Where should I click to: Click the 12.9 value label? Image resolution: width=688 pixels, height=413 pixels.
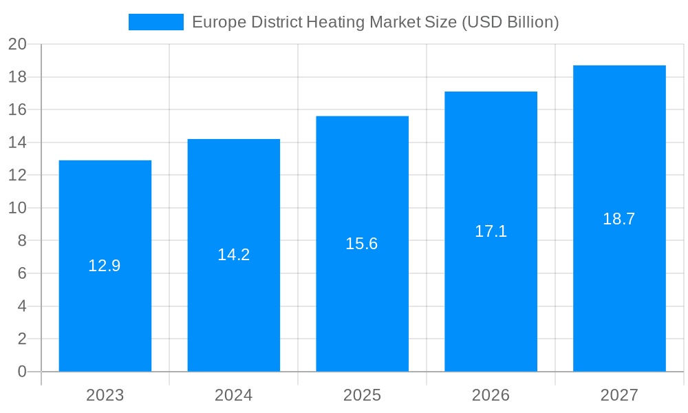[x=105, y=266]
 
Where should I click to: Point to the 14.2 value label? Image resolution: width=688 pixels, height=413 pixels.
[x=233, y=255]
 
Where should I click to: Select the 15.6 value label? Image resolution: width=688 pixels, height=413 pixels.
[x=362, y=244]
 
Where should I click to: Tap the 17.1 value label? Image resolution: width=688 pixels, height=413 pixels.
[x=491, y=231]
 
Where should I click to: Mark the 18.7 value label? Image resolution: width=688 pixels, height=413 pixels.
[x=619, y=219]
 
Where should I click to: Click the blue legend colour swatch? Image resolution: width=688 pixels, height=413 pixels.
[x=156, y=22]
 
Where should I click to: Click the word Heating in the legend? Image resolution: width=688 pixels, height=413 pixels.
[x=336, y=22]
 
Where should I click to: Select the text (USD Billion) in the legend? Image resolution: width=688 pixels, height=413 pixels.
[x=510, y=22]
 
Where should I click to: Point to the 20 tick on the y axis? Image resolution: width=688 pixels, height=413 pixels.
[x=17, y=44]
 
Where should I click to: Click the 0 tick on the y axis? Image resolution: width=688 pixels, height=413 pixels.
[x=22, y=372]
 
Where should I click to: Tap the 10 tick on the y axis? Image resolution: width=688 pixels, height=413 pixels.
[x=17, y=208]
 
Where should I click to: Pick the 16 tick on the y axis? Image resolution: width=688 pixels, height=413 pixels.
[x=17, y=109]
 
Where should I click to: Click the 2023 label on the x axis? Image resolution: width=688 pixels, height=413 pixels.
[x=105, y=395]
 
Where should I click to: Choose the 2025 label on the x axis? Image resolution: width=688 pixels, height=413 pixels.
[x=362, y=395]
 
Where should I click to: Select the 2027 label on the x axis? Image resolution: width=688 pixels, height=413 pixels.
[x=619, y=395]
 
